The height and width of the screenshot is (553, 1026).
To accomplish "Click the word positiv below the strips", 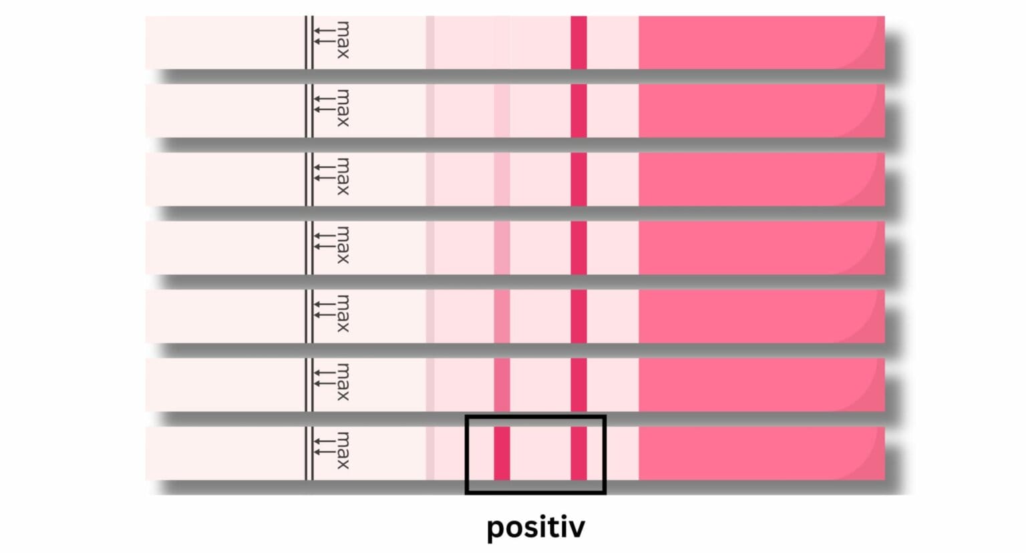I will [535, 527].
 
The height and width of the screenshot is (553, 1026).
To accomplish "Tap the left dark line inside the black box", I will [502, 453].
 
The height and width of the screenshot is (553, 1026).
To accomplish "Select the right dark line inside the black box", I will [578, 453].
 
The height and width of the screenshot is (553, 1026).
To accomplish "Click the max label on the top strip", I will [342, 40].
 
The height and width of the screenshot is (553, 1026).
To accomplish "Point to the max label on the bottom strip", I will [342, 450].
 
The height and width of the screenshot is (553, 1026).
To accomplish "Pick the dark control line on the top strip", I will [578, 43].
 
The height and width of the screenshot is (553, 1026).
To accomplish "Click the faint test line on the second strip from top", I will [502, 111].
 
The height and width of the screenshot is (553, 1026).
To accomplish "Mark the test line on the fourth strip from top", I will [502, 248].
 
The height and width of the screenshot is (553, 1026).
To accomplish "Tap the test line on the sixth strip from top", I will [502, 385].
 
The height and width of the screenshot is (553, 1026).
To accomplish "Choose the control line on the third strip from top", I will [578, 179].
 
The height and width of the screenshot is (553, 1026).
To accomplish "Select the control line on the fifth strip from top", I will [578, 316].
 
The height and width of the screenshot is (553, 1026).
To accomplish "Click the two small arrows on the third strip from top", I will [324, 172].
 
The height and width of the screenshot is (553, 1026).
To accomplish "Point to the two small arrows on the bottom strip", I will [324, 447].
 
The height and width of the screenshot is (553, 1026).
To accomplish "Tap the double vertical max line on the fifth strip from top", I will [309, 316].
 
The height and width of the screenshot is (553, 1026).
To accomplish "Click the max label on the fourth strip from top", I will [342, 244].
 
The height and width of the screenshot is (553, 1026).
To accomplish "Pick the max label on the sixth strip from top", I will [342, 381].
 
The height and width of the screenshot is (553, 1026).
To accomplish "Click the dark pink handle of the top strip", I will [761, 43].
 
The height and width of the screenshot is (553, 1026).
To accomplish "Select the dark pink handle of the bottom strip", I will [761, 453].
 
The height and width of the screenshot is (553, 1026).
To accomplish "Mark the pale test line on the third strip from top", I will [502, 179].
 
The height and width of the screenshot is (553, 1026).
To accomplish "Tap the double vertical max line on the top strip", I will [309, 43].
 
